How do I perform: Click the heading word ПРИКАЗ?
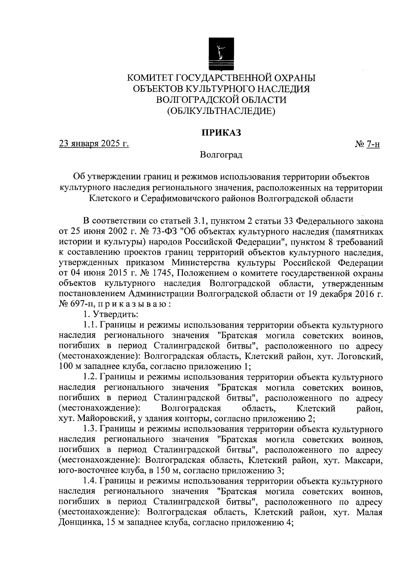tap(221, 132)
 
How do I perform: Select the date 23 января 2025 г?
tap(94, 144)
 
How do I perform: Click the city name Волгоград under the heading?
tap(221, 155)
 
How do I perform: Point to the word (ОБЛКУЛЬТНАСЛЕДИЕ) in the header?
tap(221, 110)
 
